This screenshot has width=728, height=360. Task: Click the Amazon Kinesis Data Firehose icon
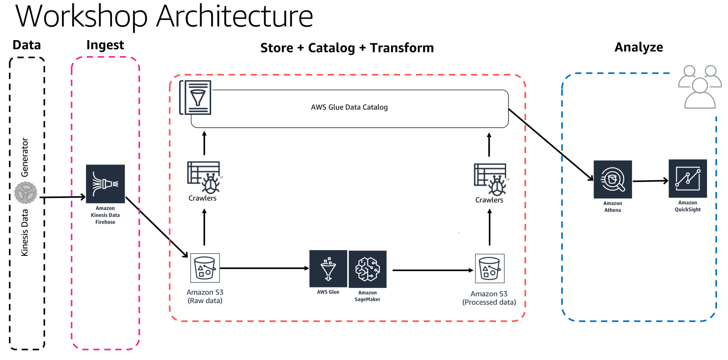point(105,184)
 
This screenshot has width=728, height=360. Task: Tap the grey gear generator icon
point(26,193)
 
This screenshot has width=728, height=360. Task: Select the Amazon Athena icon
point(612,179)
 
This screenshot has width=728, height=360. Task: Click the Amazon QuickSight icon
point(687,178)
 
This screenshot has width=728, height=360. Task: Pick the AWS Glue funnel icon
point(328,269)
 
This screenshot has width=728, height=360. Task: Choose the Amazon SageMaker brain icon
point(368,269)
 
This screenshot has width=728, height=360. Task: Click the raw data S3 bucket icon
point(205,268)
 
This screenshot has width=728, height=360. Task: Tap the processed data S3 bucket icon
point(489,269)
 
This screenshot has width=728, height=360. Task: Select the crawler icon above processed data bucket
point(490,179)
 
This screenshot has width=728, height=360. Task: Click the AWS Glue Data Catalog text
point(349,107)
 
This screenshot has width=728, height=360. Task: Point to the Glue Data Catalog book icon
point(196,97)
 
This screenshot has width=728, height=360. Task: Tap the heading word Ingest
point(105,45)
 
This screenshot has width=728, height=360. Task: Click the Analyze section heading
point(638,47)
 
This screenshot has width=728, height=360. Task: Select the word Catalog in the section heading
point(331,48)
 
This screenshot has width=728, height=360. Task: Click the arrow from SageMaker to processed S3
point(432,270)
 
